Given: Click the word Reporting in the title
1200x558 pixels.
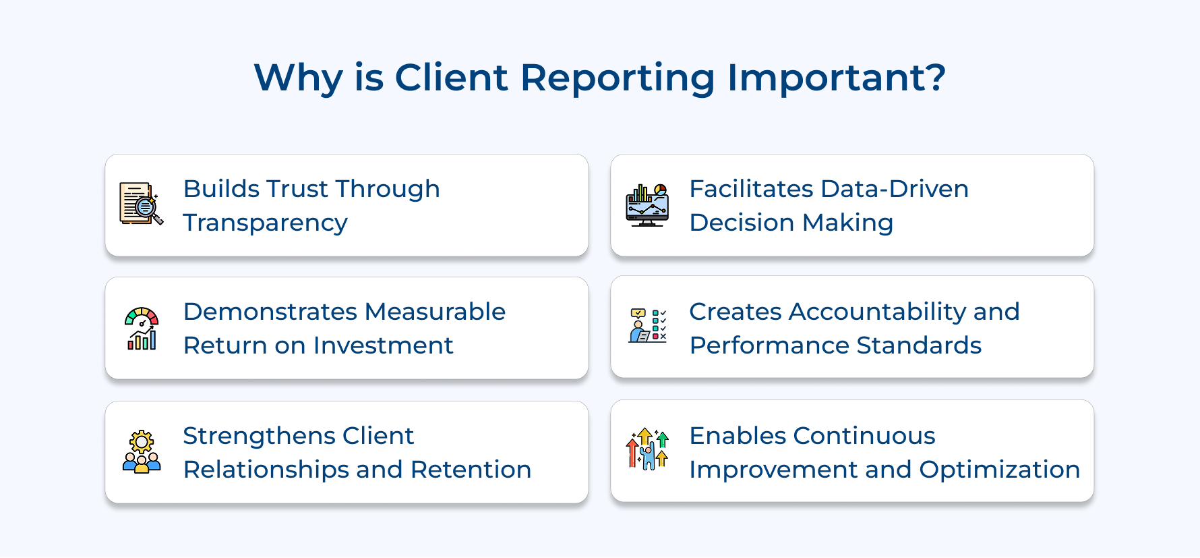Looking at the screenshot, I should click(x=617, y=78).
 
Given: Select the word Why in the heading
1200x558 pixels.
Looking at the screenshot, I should click(x=298, y=78).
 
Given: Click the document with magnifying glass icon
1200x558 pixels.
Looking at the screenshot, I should click(x=141, y=204).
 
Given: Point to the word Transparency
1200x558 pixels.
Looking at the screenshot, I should click(x=265, y=223).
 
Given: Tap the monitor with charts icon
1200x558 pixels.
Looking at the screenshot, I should click(x=647, y=204).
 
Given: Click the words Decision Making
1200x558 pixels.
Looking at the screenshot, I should click(x=791, y=223).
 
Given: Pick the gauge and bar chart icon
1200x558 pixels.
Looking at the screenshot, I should click(x=142, y=329).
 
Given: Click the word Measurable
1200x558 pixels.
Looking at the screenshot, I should click(x=435, y=312).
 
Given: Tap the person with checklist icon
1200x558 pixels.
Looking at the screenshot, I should click(x=647, y=326).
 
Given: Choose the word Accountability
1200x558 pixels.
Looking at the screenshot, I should click(x=878, y=312).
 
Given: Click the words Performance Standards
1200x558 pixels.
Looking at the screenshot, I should click(x=835, y=345).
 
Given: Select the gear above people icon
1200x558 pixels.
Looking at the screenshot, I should click(x=142, y=451).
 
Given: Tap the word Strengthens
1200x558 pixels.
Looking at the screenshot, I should click(x=259, y=437).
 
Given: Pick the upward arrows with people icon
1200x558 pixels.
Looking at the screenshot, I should click(x=647, y=449).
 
